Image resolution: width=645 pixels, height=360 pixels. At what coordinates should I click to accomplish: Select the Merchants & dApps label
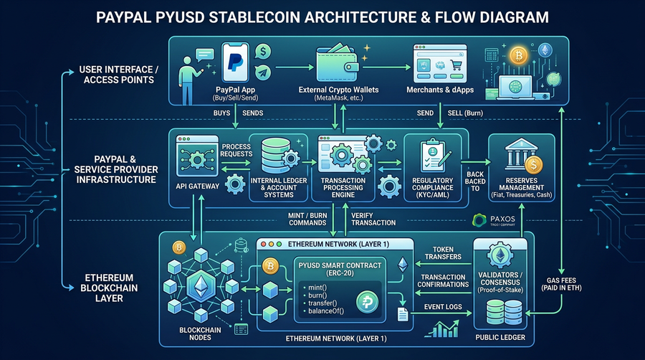tap(439, 90)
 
